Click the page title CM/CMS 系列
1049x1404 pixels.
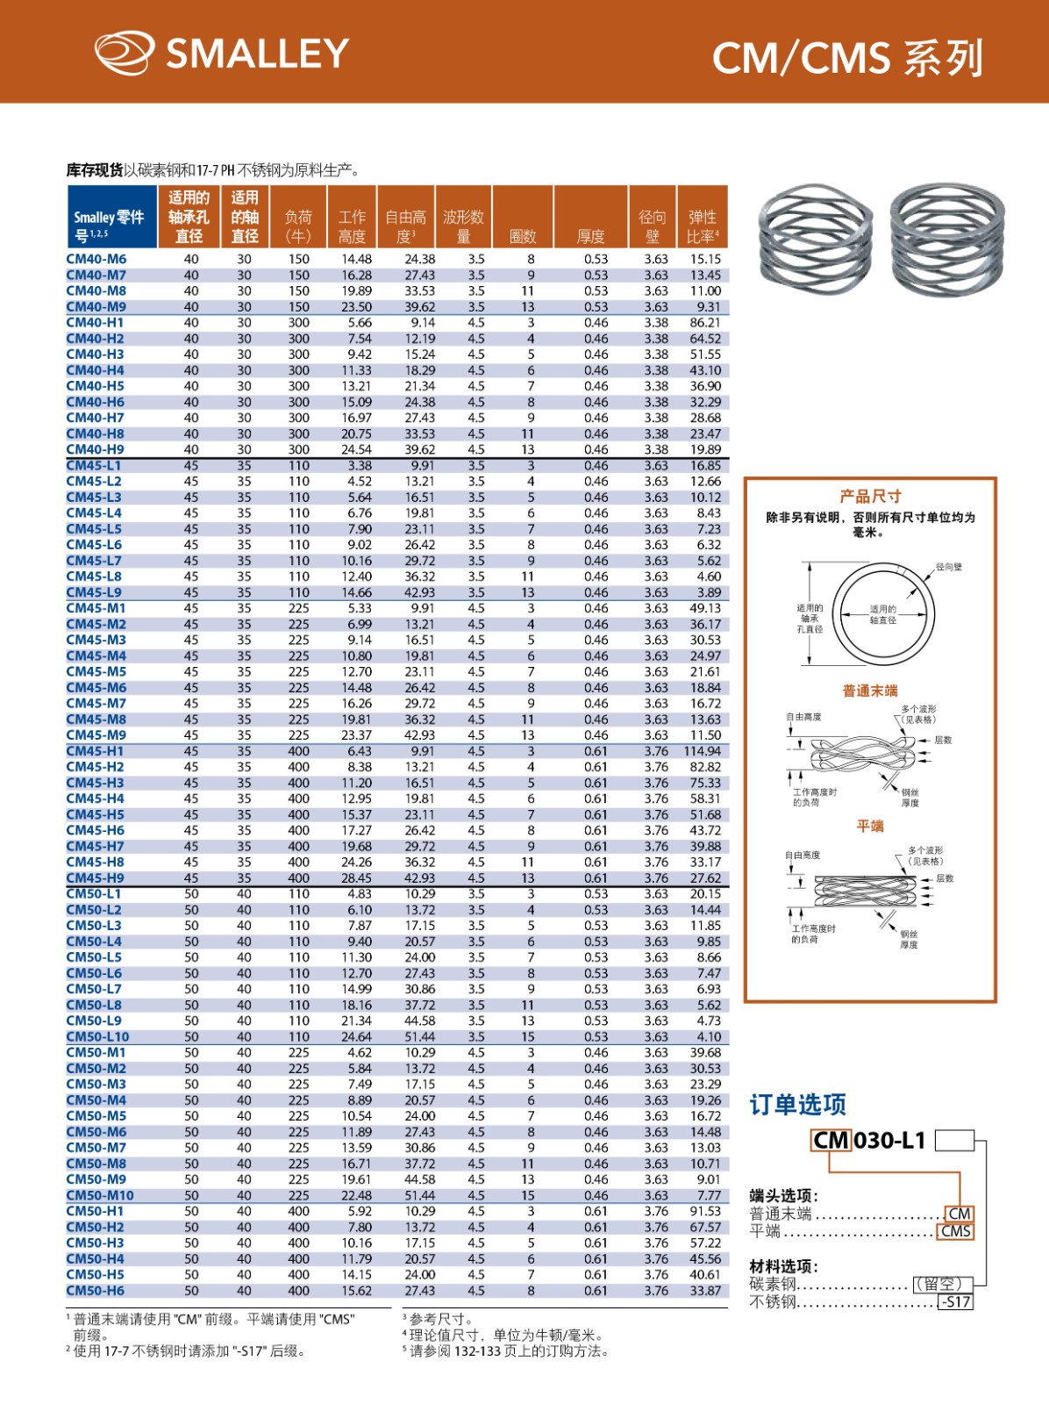[846, 58]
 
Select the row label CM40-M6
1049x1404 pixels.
[96, 259]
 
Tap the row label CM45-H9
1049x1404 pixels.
[96, 877]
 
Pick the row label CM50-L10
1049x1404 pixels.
[98, 1036]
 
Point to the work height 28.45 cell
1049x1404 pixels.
[356, 877]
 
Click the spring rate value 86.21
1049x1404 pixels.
[704, 322]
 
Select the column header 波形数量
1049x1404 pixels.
[464, 226]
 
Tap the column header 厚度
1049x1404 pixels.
[590, 236]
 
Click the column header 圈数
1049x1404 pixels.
[523, 236]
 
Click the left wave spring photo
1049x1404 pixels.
[815, 240]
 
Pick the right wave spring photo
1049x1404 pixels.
[943, 240]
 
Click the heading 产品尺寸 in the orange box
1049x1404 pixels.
[870, 496]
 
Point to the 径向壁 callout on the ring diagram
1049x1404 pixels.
[948, 567]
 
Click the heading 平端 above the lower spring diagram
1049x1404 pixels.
[870, 826]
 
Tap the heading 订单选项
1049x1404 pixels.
[797, 1104]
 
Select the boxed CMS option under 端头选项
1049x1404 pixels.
[955, 1231]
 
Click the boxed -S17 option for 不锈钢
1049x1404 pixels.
[955, 1302]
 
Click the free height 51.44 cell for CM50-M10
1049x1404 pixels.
[419, 1195]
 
